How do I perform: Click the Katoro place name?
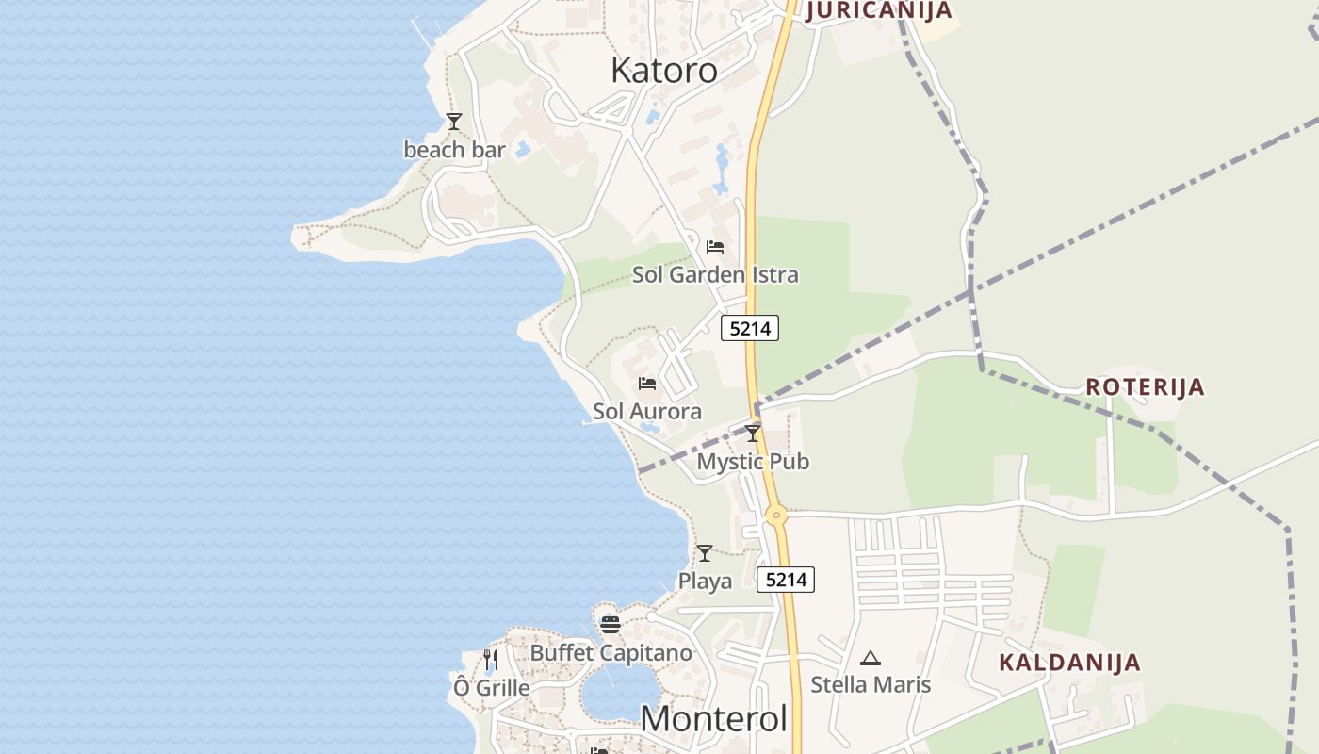664,70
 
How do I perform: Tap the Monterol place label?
713,718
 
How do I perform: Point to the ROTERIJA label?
1145,386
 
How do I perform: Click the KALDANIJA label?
1069,662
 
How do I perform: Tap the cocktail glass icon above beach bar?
454,122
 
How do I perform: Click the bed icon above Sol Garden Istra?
715,247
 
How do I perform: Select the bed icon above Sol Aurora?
647,384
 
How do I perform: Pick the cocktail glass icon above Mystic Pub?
753,434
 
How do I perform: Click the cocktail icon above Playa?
705,553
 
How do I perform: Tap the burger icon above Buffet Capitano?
611,624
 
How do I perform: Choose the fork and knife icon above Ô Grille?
491,659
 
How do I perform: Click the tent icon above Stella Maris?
871,658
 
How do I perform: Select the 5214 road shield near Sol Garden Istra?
750,328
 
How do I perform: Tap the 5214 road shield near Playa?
786,580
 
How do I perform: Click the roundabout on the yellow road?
776,516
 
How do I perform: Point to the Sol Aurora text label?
647,412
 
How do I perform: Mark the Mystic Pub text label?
753,462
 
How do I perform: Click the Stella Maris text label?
871,685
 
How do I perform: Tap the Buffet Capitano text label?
611,652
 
